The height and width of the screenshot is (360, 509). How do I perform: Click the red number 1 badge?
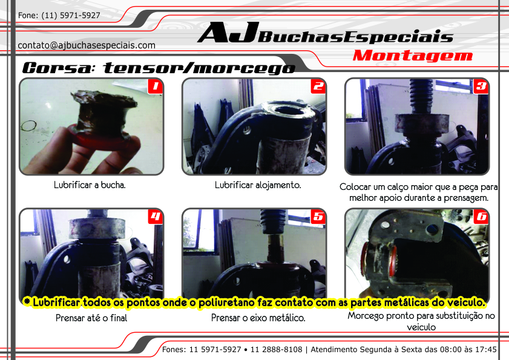pyautogui.click(x=155, y=87)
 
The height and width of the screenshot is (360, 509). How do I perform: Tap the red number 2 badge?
pyautogui.click(x=318, y=87)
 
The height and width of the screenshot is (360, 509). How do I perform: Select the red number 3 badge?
pyautogui.click(x=481, y=87)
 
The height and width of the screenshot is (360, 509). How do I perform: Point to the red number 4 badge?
pyautogui.click(x=155, y=217)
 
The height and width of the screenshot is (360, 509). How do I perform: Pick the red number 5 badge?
pyautogui.click(x=318, y=217)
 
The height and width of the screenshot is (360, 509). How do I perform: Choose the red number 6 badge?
pyautogui.click(x=481, y=217)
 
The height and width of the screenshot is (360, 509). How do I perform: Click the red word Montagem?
pyautogui.click(x=413, y=56)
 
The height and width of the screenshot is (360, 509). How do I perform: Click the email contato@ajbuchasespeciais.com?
pyautogui.click(x=87, y=45)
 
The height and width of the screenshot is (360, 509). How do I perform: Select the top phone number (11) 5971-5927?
pyautogui.click(x=71, y=15)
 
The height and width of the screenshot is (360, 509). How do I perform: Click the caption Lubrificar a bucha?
pyautogui.click(x=90, y=185)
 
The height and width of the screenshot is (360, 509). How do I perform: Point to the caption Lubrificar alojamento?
pyautogui.click(x=258, y=185)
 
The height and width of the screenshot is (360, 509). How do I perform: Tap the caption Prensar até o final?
pyautogui.click(x=91, y=318)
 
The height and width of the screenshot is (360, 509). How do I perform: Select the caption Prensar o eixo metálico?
pyautogui.click(x=258, y=318)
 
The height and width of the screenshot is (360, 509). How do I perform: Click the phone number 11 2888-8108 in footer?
pyautogui.click(x=276, y=350)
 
